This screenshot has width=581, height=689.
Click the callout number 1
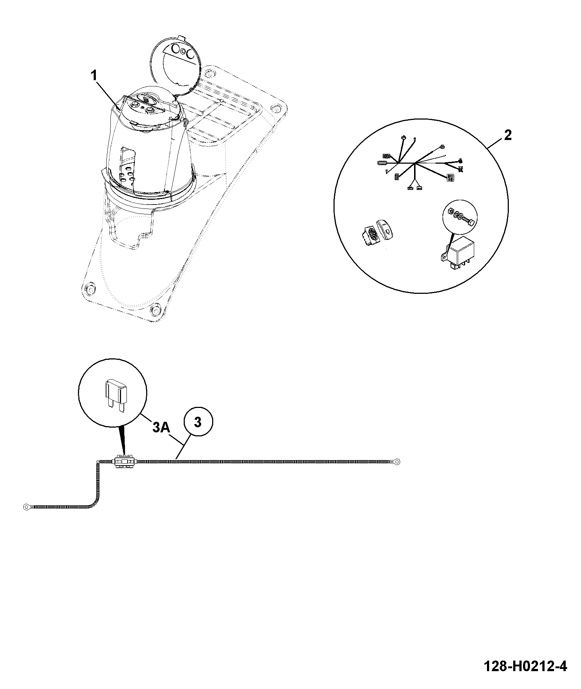[x=94, y=76]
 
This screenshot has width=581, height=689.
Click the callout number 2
[x=508, y=135]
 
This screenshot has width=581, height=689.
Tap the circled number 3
[x=197, y=423]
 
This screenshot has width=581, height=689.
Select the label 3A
[x=161, y=427]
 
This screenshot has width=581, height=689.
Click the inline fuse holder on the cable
[x=125, y=462]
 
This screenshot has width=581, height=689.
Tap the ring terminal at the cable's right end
[x=397, y=462]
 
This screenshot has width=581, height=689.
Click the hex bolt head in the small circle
[x=471, y=222]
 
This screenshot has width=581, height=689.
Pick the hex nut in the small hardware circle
[x=450, y=211]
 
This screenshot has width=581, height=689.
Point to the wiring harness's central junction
[x=415, y=163]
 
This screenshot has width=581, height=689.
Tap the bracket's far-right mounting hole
[x=276, y=109]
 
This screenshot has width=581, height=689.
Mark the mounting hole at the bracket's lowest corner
[x=155, y=311]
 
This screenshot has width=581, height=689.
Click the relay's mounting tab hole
[x=444, y=257]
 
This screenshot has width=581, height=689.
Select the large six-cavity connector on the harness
[x=451, y=177]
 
